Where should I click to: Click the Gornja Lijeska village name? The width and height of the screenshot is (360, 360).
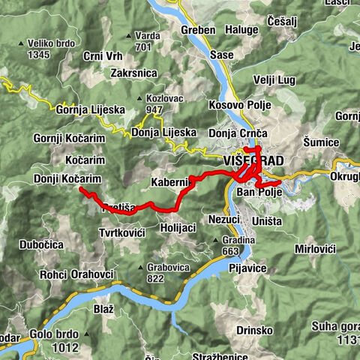coord(90,109)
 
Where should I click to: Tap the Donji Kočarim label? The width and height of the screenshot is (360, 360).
coord(67,178)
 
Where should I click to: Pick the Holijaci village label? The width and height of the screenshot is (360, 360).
coord(178,226)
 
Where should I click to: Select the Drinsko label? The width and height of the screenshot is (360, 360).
coord(253,309)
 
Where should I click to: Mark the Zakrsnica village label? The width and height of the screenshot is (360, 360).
coord(133,73)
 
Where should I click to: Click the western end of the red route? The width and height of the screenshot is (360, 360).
coord(80,189)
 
